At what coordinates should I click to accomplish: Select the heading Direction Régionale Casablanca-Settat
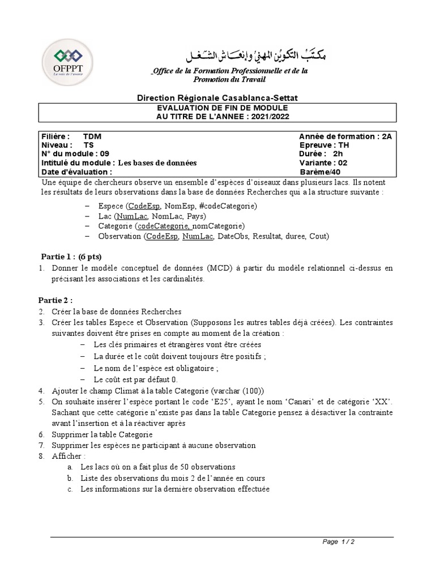(217, 98)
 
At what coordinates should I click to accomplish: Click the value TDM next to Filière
(92, 137)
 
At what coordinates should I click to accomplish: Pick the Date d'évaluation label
(76, 172)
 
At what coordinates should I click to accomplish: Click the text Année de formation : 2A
(345, 137)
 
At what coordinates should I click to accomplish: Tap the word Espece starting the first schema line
(110, 206)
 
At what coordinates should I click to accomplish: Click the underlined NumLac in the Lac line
(131, 216)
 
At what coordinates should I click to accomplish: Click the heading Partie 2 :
(56, 300)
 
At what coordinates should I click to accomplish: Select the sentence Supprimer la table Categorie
(102, 434)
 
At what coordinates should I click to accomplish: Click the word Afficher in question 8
(66, 456)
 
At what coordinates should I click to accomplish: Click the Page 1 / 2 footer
(338, 541)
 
